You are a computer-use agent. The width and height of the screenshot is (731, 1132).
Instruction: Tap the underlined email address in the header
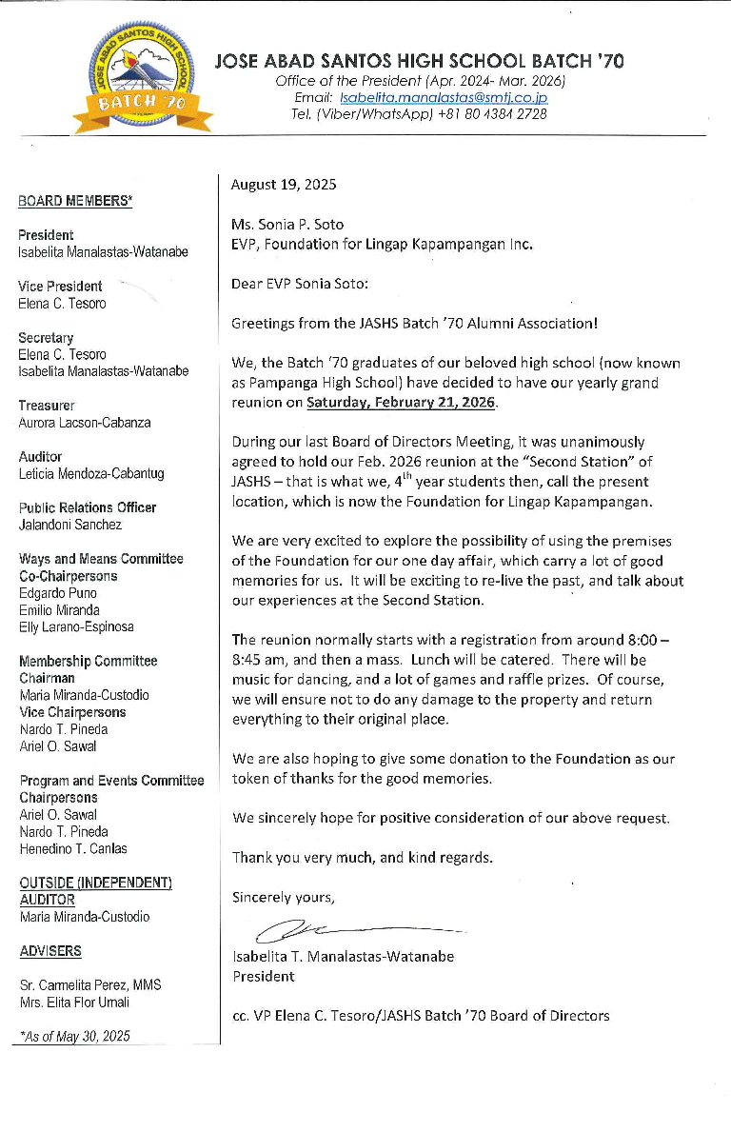[x=444, y=97]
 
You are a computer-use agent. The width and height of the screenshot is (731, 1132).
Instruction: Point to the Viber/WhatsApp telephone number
[x=492, y=113]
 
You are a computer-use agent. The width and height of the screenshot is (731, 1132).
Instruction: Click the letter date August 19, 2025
[x=284, y=185]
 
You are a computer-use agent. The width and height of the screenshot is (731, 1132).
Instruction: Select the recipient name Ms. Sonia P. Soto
[x=287, y=225]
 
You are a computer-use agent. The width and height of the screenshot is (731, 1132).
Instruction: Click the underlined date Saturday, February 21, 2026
[x=401, y=402]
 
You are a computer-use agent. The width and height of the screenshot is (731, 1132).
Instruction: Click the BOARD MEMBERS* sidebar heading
[x=75, y=201]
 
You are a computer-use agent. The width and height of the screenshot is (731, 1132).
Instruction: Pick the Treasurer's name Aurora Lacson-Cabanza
[x=85, y=423]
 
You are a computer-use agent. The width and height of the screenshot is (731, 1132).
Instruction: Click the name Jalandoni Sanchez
[x=70, y=525]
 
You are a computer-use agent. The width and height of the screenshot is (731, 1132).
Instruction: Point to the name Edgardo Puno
[x=58, y=593]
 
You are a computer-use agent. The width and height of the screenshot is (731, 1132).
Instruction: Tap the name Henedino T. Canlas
[x=73, y=848]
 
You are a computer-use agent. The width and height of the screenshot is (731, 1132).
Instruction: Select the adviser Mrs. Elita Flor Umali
[x=75, y=1002]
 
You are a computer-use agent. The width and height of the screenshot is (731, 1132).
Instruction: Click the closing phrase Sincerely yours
[x=284, y=897]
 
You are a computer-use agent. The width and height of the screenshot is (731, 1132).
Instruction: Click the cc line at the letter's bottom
[x=421, y=1015]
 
